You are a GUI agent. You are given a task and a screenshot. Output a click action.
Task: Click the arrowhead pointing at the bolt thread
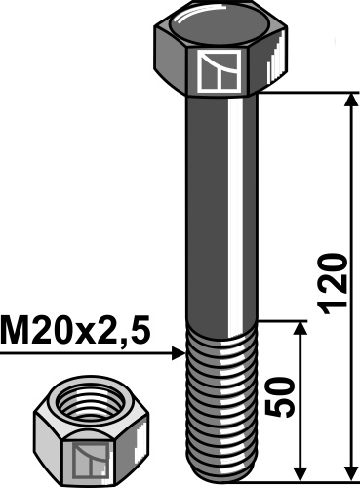[x=178, y=350]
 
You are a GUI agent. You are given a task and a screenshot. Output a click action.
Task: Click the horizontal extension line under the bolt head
[x=312, y=93]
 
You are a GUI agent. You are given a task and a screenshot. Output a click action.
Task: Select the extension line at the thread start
[x=283, y=319]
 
